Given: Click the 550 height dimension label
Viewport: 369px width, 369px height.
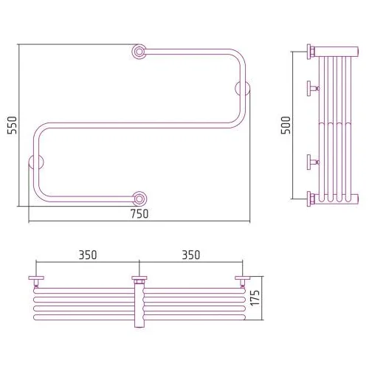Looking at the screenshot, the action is click(x=12, y=125).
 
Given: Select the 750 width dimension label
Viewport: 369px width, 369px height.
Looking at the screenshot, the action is click(x=139, y=214).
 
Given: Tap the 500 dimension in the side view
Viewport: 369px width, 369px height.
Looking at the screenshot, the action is click(x=286, y=125).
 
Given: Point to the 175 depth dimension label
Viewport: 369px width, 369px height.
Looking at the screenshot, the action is click(x=255, y=298).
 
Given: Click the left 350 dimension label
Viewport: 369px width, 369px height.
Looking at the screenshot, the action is click(x=88, y=255).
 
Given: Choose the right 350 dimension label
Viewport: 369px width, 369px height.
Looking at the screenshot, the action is click(x=191, y=255).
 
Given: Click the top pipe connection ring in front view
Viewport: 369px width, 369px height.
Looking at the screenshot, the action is click(x=139, y=52).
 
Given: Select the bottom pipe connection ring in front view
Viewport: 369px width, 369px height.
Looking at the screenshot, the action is click(x=139, y=199).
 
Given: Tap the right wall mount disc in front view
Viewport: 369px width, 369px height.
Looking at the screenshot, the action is click(x=243, y=89).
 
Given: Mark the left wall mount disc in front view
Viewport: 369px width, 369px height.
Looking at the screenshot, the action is click(x=36, y=162).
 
